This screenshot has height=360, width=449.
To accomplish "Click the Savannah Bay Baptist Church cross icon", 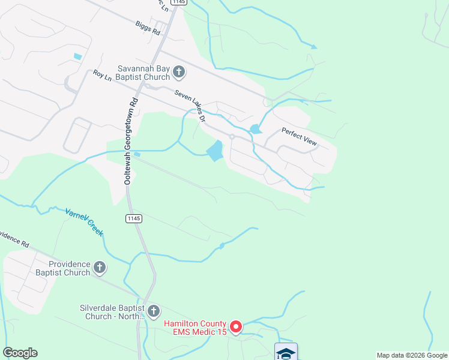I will [x=179, y=73].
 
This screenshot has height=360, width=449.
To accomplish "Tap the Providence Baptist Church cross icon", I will [x=100, y=267].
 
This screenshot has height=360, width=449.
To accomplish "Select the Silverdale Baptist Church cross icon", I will [x=154, y=310].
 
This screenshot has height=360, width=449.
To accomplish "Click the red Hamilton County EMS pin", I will [x=236, y=327].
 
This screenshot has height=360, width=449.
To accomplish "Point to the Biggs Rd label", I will [x=147, y=29].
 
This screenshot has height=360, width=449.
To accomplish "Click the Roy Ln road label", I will [x=103, y=75].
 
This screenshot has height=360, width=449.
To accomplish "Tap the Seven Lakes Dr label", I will [x=190, y=106].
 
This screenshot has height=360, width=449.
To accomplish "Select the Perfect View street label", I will [x=299, y=136].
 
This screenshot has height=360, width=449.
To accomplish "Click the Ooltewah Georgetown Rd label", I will [x=127, y=142].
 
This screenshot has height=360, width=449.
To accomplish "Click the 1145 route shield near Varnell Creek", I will [x=134, y=218].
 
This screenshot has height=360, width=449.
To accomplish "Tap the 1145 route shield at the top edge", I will [x=178, y=2].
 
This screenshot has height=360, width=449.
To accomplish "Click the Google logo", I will [x=20, y=353].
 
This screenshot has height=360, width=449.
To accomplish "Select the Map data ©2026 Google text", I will [x=411, y=355].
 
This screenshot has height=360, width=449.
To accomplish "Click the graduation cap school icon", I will [x=286, y=353].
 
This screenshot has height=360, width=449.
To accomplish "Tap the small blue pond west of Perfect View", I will [x=255, y=129].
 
